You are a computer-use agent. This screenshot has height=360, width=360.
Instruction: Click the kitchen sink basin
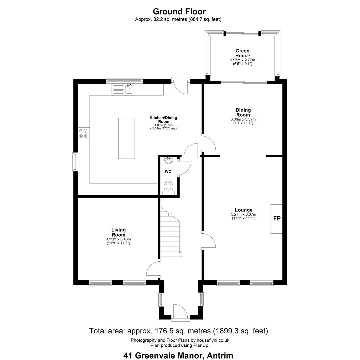coord(130,89)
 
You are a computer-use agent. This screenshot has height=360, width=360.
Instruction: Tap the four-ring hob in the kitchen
coord(83,133)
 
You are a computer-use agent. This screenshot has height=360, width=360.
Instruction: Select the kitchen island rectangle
coord(126,138)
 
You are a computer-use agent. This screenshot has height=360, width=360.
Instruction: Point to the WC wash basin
coord(169,160)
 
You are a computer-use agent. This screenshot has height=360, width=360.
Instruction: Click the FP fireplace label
coord(277,218)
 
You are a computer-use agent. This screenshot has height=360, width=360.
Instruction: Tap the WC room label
coord(168,172)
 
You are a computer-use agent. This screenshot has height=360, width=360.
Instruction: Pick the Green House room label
coord(242,53)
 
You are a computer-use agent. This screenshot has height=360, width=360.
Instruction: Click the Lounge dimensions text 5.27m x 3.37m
coord(243,214)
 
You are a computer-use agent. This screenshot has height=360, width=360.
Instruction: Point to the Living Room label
coord(118,232)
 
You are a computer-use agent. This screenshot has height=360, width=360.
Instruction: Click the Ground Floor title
coord(179,11)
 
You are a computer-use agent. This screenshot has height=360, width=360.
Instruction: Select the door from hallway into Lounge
coord(209,240)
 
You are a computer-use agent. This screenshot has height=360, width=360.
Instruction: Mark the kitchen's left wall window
coord(75,162)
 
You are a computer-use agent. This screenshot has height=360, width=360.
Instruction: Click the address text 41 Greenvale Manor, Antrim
coord(178,355)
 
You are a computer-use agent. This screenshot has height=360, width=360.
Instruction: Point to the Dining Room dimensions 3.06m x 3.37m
coord(243,119)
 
